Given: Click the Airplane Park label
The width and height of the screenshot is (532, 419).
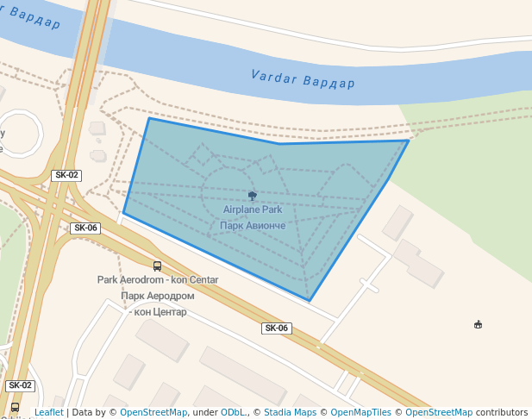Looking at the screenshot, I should point(253,209).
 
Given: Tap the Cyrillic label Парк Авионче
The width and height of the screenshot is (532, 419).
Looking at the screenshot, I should point(253,225).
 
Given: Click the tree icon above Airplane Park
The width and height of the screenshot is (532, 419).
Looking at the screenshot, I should point(252,196).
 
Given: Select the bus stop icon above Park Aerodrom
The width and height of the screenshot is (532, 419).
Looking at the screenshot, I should point(157,266).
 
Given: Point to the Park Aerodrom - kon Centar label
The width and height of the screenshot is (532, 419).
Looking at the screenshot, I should point(158,280).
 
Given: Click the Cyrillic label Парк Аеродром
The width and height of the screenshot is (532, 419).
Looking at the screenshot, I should point(158,296).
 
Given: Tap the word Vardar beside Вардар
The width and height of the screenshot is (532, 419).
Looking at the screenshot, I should point(273,78).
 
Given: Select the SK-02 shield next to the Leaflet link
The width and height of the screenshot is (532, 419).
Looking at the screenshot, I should point(20,385).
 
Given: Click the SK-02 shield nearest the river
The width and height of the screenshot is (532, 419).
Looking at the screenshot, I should point(66,175).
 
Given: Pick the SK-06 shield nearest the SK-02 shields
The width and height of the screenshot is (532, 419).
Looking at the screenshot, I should point(85,228).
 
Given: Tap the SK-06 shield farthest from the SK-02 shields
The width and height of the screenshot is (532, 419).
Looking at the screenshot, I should point(277,328).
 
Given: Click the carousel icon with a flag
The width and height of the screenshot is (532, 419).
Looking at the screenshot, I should point(478,324).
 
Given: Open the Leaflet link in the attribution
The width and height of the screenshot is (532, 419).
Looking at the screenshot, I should point(48,413).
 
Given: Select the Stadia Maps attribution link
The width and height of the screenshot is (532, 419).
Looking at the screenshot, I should point(289,413).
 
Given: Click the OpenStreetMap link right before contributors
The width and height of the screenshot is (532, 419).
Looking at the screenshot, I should point(439,413).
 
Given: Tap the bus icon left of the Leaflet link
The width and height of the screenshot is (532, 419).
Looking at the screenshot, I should point(15,408).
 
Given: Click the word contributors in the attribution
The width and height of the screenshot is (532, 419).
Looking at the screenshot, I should point(502,413).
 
